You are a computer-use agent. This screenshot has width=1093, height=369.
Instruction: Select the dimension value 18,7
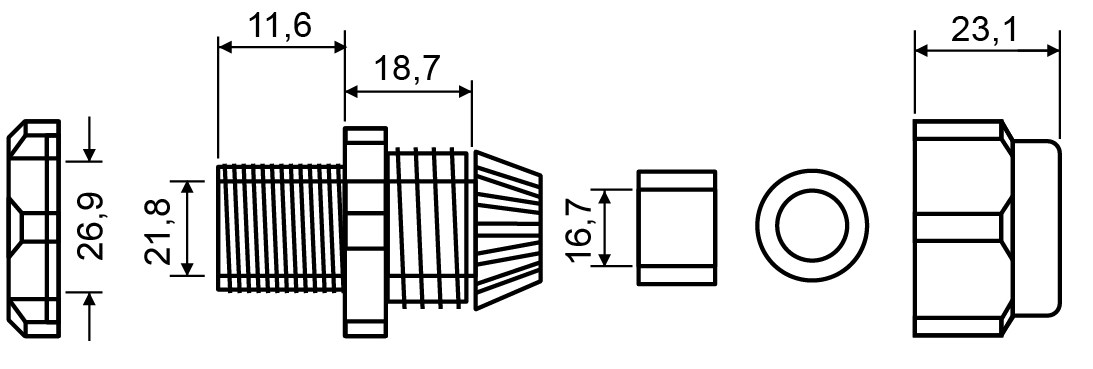408,68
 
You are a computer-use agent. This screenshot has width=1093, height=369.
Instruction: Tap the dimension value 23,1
984,30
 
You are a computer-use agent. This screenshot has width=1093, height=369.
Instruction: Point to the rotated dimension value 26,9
90,226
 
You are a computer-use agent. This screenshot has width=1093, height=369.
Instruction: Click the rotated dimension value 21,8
158,232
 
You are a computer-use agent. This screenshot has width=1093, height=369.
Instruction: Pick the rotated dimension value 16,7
581,229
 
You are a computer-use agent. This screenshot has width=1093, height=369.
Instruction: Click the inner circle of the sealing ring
812,226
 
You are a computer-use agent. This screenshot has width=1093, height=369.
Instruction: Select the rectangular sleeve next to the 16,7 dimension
677,227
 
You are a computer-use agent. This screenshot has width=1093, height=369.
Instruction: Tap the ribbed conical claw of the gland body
507,229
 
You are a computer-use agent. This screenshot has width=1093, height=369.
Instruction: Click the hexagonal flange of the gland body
365,232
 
